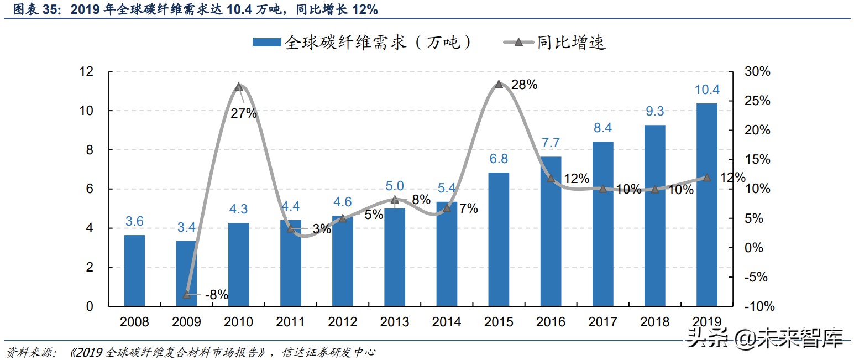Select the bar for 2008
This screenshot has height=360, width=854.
point(134,270)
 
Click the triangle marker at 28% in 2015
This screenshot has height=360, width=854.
point(499,85)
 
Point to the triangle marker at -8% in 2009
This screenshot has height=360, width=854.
point(187,294)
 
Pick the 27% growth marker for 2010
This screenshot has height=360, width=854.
point(239,87)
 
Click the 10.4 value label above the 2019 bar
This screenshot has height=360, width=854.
point(706,90)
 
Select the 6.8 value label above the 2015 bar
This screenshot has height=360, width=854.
point(499,159)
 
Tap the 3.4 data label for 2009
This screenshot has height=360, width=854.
point(187,227)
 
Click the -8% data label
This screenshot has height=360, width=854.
point(216,295)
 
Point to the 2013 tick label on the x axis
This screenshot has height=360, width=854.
point(395,322)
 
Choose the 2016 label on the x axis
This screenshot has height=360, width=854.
point(551,322)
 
